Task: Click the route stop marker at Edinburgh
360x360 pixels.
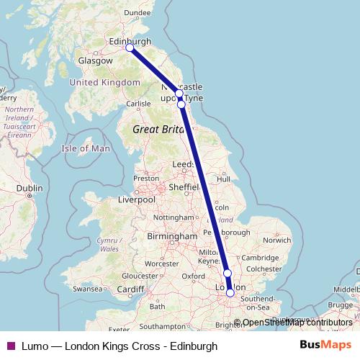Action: pos(130,48)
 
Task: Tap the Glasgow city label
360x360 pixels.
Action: pos(96,61)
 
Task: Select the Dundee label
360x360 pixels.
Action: pos(137,12)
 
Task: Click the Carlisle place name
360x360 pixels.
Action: pos(139,104)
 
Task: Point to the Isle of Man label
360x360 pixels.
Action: pos(86,148)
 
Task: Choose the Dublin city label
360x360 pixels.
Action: pos(30,188)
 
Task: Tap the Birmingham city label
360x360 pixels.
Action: pos(173,236)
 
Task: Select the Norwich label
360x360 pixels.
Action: pos(276,240)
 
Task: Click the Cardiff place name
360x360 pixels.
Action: pos(130,290)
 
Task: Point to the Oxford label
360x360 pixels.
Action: pos(193,276)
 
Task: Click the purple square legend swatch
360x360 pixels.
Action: pos(10,346)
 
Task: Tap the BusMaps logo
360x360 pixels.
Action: pos(325,346)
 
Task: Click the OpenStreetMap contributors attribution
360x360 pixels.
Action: pos(297,323)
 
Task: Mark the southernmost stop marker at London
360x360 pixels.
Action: pos(230,292)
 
